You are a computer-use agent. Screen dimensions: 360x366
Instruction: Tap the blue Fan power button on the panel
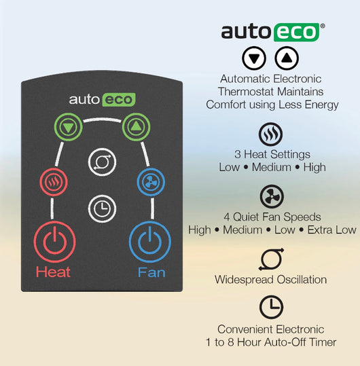pos(150,242)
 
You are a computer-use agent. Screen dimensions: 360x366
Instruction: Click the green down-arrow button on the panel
pos(68,127)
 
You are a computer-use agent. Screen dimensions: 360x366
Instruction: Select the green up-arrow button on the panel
pos(136,127)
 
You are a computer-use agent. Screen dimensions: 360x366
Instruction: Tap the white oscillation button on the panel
pos(102,162)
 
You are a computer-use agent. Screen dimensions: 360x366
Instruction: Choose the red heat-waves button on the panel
pos(54,182)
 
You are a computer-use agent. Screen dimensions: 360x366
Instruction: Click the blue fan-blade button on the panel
pos(151,182)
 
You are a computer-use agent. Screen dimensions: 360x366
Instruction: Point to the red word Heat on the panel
pos(53,272)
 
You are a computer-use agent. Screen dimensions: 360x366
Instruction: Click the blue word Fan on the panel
pos(151,272)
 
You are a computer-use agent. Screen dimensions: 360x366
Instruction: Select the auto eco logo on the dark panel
pos(102,100)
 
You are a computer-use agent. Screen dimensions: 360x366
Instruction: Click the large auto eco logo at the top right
pos(272,32)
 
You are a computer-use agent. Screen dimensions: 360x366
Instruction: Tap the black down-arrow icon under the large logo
pos(254,58)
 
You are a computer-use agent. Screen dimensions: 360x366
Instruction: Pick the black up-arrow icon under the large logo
pos(287,58)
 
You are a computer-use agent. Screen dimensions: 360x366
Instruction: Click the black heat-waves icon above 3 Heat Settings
pos(270,134)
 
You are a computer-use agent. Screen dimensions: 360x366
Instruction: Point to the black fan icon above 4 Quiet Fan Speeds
pos(272,196)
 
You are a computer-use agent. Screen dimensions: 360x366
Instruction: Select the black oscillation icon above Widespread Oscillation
pos(271,259)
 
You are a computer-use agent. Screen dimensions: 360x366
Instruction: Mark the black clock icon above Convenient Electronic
pos(271,307)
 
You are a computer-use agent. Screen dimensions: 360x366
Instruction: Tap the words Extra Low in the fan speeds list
pos(331,230)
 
